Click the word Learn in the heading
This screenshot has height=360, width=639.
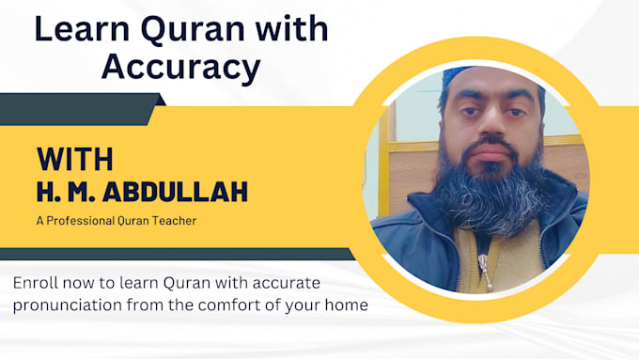pyautogui.click(x=82, y=28)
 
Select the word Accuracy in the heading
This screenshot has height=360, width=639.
pyautogui.click(x=181, y=68)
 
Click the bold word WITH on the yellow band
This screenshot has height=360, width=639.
pyautogui.click(x=75, y=159)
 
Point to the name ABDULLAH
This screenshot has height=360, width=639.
pyautogui.click(x=175, y=192)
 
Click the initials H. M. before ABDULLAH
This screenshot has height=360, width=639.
pyautogui.click(x=66, y=192)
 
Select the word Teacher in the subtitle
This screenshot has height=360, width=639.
pyautogui.click(x=175, y=221)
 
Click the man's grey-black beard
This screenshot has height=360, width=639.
pyautogui.click(x=491, y=192)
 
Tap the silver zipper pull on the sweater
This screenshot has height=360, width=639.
pyautogui.click(x=484, y=269)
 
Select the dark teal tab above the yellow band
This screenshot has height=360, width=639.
pyautogui.click(x=80, y=109)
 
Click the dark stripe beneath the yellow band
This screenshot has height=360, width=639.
pyautogui.click(x=176, y=254)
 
